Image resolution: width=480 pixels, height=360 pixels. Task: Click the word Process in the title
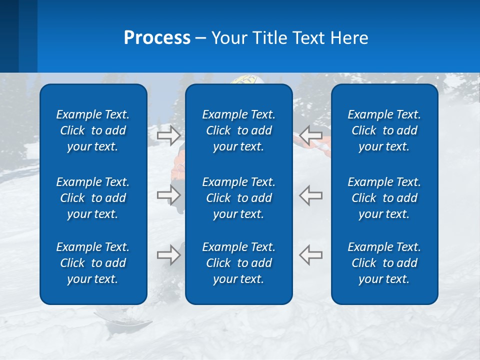(157, 38)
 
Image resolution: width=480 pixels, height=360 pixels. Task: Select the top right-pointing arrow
(168, 134)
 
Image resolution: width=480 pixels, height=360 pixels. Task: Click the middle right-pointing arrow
(168, 195)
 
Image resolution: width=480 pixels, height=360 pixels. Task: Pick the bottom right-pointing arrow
(168, 255)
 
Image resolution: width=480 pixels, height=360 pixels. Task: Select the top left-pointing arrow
(311, 134)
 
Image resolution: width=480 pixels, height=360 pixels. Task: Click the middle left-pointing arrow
(311, 195)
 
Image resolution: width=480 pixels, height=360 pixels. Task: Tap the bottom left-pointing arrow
(311, 255)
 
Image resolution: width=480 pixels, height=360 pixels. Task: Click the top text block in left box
(93, 130)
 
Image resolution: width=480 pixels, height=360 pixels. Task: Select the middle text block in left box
(93, 198)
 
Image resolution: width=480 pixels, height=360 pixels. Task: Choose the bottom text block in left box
(93, 263)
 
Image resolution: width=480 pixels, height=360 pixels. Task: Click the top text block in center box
(238, 130)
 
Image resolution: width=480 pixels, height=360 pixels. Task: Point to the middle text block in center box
(238, 198)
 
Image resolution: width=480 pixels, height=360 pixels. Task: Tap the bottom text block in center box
(238, 263)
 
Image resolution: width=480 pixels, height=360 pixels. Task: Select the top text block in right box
(384, 130)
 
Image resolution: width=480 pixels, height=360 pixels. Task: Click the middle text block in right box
(384, 198)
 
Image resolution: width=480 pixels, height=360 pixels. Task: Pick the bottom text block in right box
(384, 263)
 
